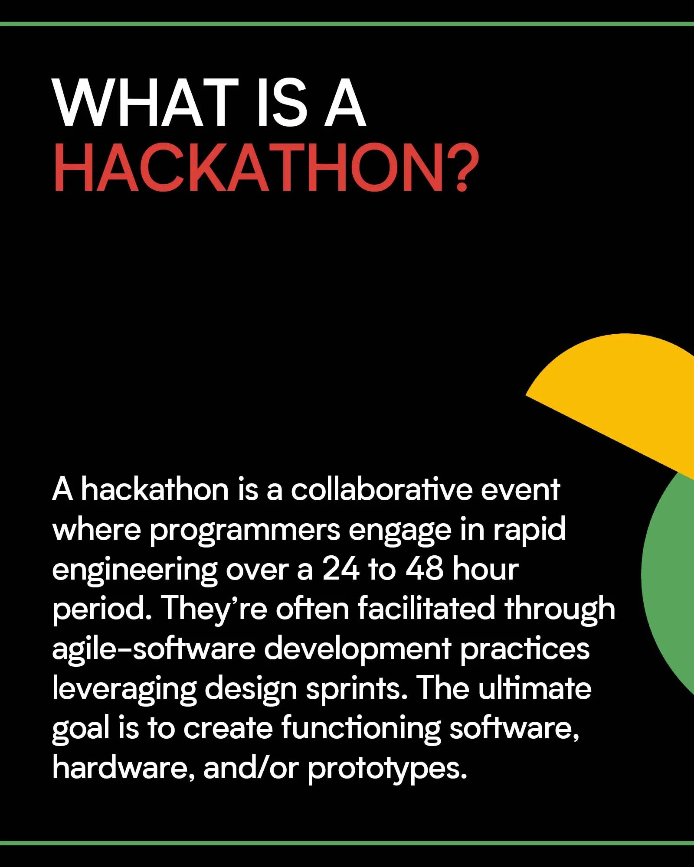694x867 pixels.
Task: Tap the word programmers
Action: pyautogui.click(x=245, y=531)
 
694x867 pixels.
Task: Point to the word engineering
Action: pyautogui.click(x=134, y=571)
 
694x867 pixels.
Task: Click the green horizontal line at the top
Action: pyautogui.click(x=347, y=24)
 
